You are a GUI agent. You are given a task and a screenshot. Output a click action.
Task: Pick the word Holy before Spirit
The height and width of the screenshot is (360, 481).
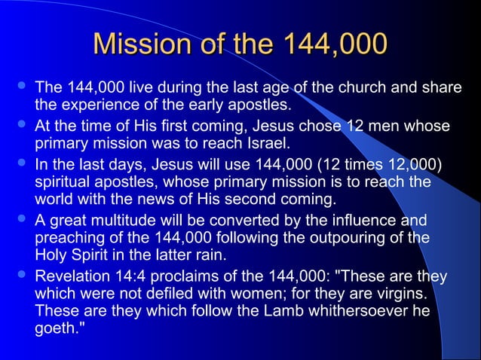coord(51,256)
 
